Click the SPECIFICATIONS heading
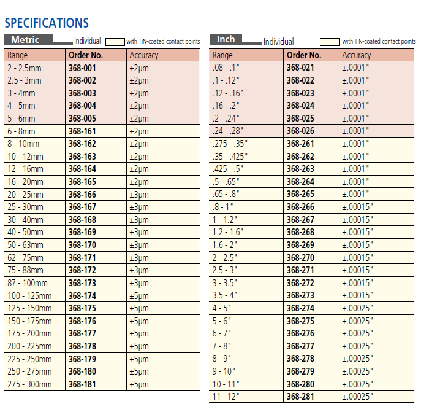[47, 23]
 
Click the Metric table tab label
[25, 40]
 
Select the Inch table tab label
[226, 39]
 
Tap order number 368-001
[82, 68]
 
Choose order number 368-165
[82, 182]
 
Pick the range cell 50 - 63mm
[25, 245]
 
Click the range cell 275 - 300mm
[29, 384]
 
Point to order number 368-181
[82, 384]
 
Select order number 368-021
[300, 68]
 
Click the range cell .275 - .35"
[230, 144]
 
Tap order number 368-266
[300, 207]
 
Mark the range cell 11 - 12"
[226, 397]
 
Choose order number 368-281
[300, 397]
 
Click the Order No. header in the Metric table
[85, 55]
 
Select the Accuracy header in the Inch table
[356, 55]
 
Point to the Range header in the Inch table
[222, 55]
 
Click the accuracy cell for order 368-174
[138, 296]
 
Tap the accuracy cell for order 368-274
[357, 308]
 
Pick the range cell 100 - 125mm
[29, 296]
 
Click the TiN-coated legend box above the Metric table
[115, 42]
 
